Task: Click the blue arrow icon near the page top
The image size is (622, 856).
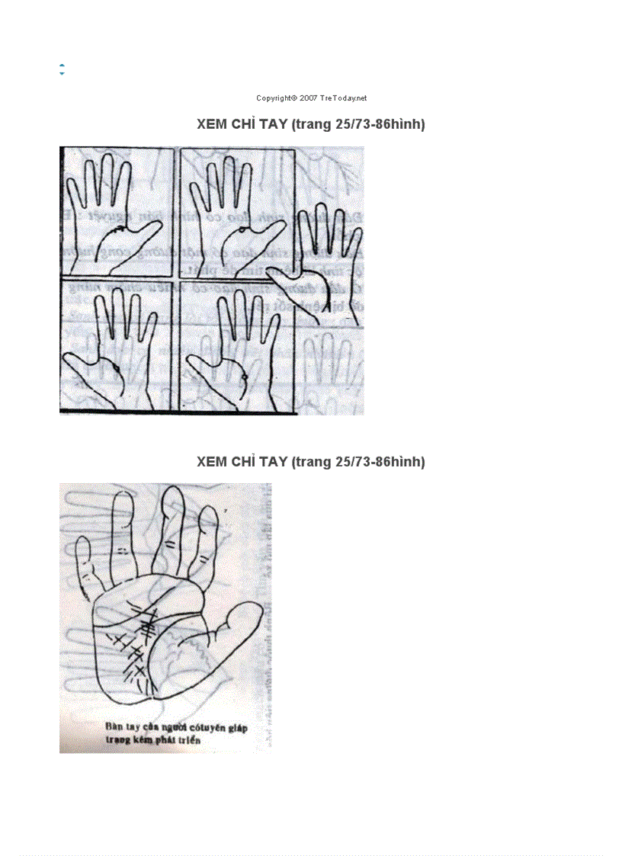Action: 62,69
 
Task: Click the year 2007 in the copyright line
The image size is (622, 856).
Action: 309,98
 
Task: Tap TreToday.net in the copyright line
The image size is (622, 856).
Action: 344,98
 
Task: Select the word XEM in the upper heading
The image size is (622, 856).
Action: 210,124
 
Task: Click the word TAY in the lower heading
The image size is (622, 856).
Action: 273,462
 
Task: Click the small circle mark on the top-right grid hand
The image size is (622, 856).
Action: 242,229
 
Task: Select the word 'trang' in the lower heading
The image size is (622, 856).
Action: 313,462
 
